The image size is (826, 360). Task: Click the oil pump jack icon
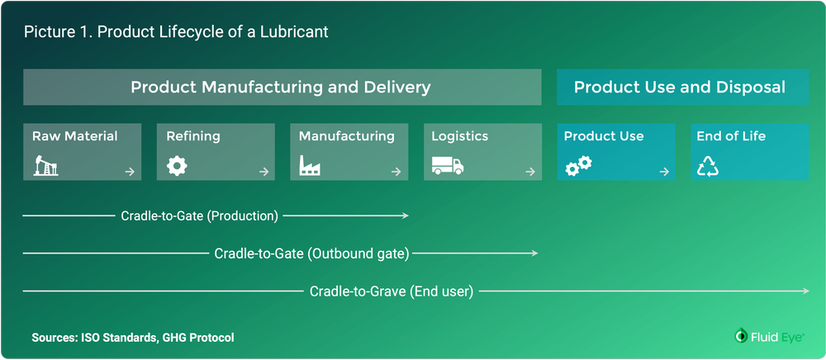(45, 167)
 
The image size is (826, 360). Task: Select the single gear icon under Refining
(176, 166)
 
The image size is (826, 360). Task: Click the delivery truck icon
(448, 166)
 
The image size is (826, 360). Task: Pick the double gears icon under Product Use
(578, 166)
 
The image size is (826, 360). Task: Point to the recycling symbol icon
(709, 167)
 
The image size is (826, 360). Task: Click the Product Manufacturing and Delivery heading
(281, 87)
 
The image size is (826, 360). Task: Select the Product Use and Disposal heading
(679, 87)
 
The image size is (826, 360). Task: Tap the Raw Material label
(75, 136)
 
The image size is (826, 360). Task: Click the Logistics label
(460, 136)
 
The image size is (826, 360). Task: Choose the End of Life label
(731, 136)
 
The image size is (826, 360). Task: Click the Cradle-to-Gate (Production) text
(200, 216)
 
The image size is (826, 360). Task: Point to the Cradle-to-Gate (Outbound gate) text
(311, 253)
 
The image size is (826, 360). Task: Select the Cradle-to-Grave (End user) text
(392, 291)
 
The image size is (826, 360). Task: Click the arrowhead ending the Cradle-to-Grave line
(805, 291)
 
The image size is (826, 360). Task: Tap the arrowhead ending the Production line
(406, 216)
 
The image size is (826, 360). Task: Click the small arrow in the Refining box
(263, 172)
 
